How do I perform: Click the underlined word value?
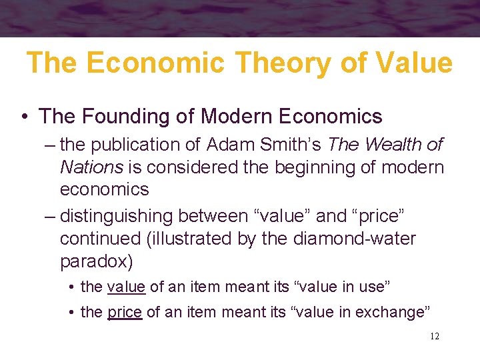tap(126, 287)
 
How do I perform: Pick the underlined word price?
tap(125, 311)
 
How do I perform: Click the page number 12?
tap(435, 337)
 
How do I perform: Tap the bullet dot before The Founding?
tap(23, 117)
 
